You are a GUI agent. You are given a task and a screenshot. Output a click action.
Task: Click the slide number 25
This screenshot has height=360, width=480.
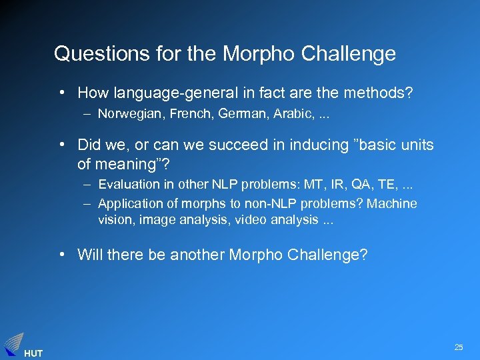pyautogui.click(x=459, y=347)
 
